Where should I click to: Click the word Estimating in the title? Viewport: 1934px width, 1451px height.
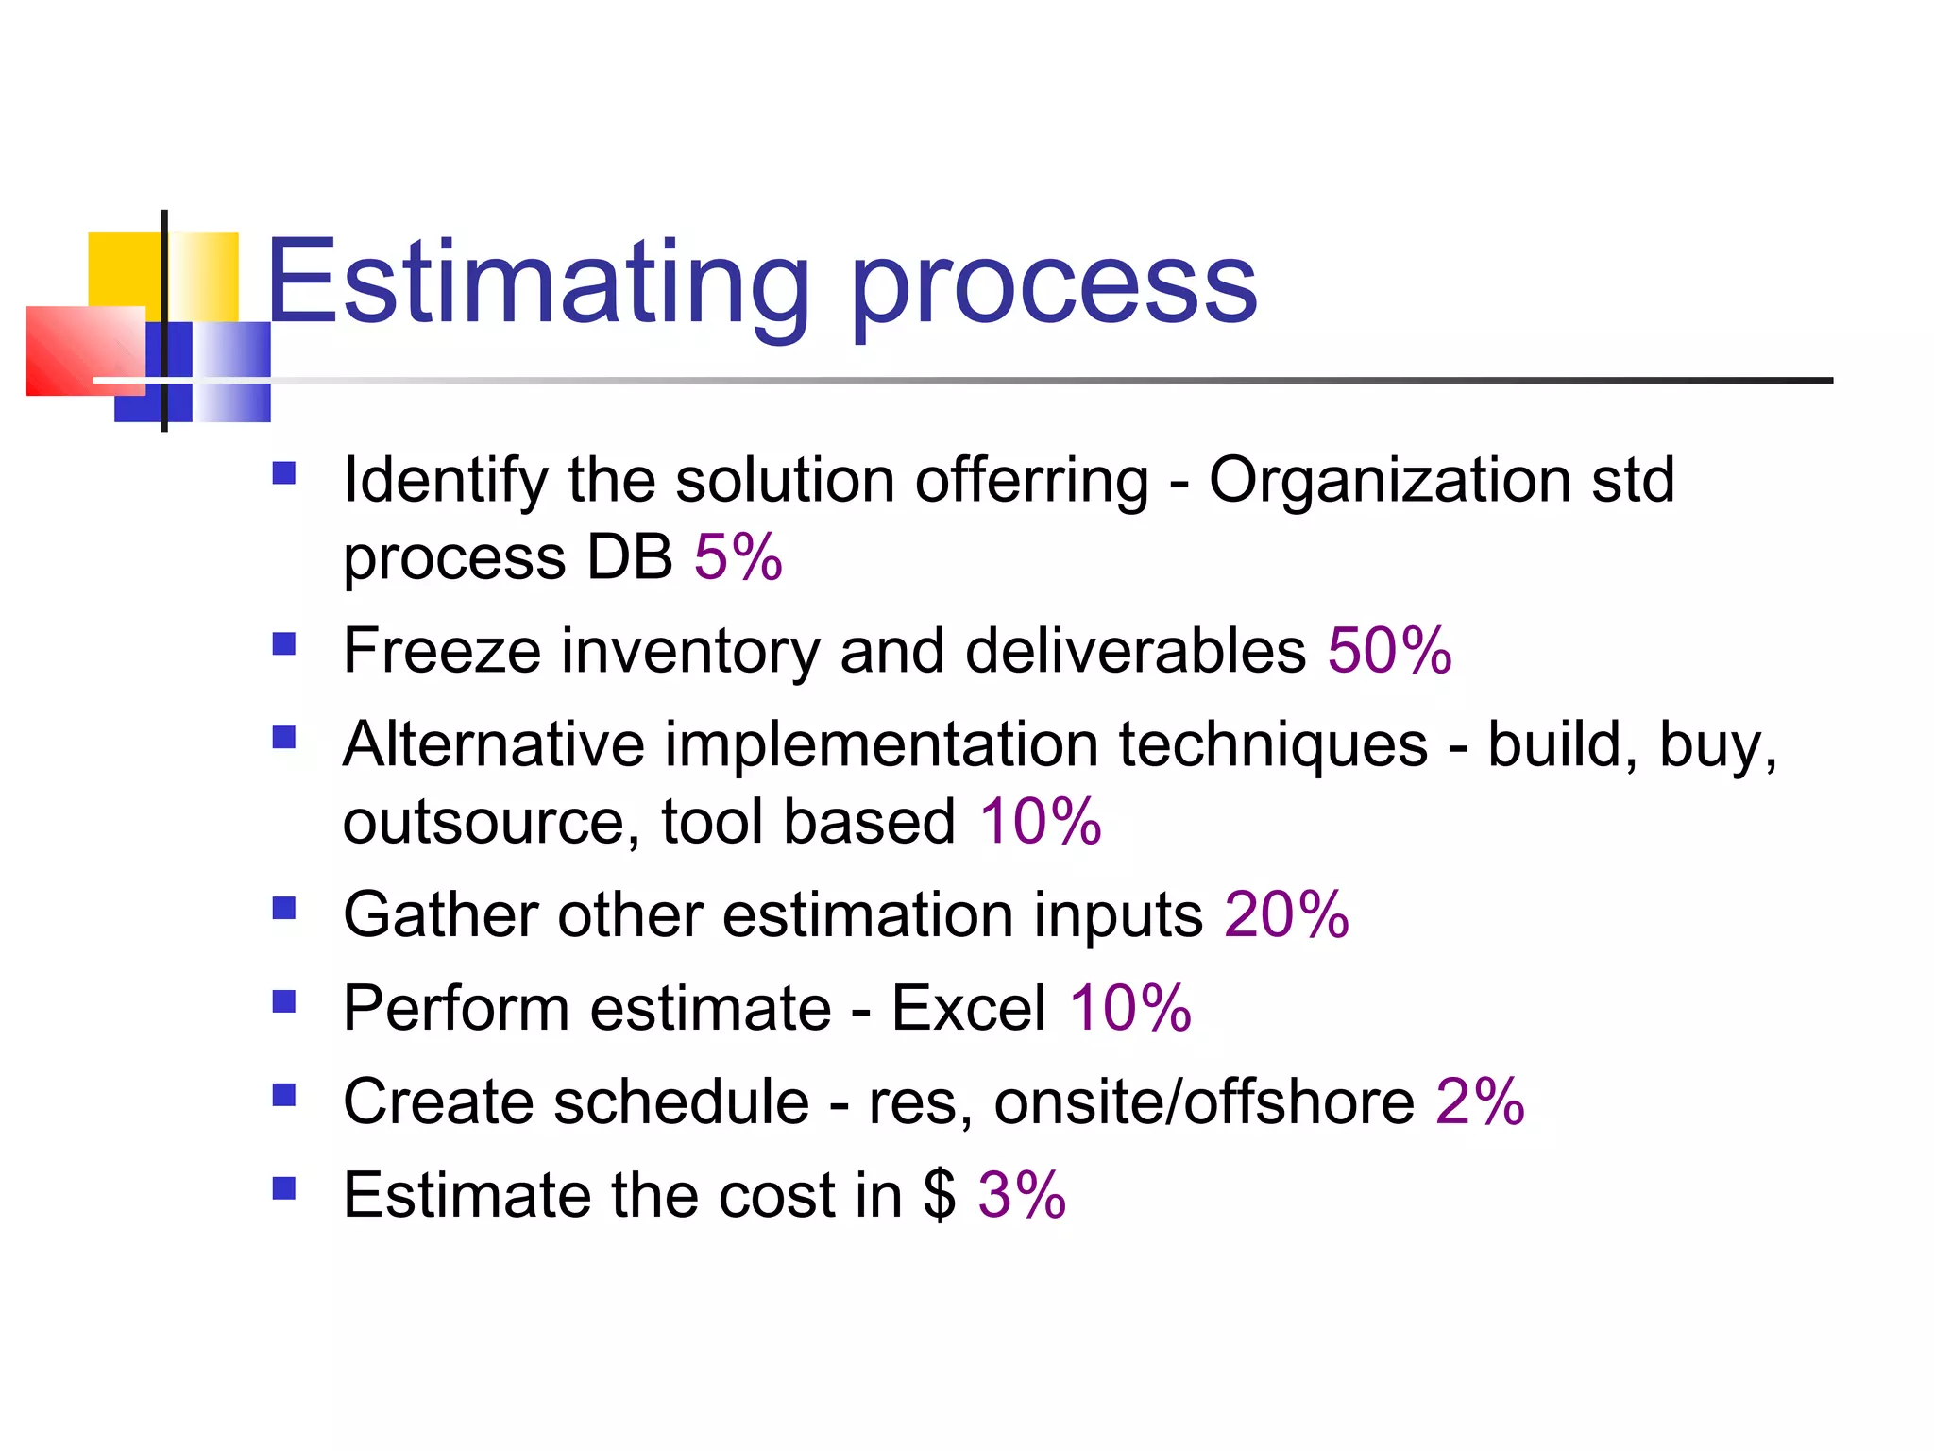pyautogui.click(x=537, y=283)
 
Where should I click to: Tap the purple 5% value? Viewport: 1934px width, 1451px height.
pyautogui.click(x=738, y=556)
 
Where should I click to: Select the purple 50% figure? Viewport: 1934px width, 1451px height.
pyautogui.click(x=1389, y=651)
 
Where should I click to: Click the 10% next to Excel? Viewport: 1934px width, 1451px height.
pyautogui.click(x=1129, y=1008)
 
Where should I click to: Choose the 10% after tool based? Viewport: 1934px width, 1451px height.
pyautogui.click(x=1040, y=821)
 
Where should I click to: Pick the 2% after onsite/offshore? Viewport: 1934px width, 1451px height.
pyautogui.click(x=1480, y=1101)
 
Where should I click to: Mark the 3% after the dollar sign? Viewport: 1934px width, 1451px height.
pyautogui.click(x=1022, y=1195)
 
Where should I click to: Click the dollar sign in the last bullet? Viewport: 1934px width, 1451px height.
pyautogui.click(x=939, y=1195)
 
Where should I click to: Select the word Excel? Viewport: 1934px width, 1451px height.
pyautogui.click(x=968, y=1008)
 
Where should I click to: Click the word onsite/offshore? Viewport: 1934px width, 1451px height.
pyautogui.click(x=1204, y=1101)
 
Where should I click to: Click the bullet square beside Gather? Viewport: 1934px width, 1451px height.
pyautogui.click(x=283, y=908)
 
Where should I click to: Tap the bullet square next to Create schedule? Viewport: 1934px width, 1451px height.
pyautogui.click(x=283, y=1095)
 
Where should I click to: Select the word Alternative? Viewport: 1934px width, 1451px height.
pyautogui.click(x=493, y=744)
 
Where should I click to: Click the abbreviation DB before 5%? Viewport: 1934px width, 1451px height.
pyautogui.click(x=629, y=556)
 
